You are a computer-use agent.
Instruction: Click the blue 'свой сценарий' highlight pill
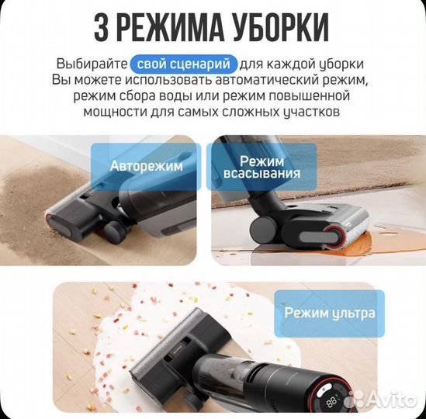183,63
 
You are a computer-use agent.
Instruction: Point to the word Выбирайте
88,63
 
